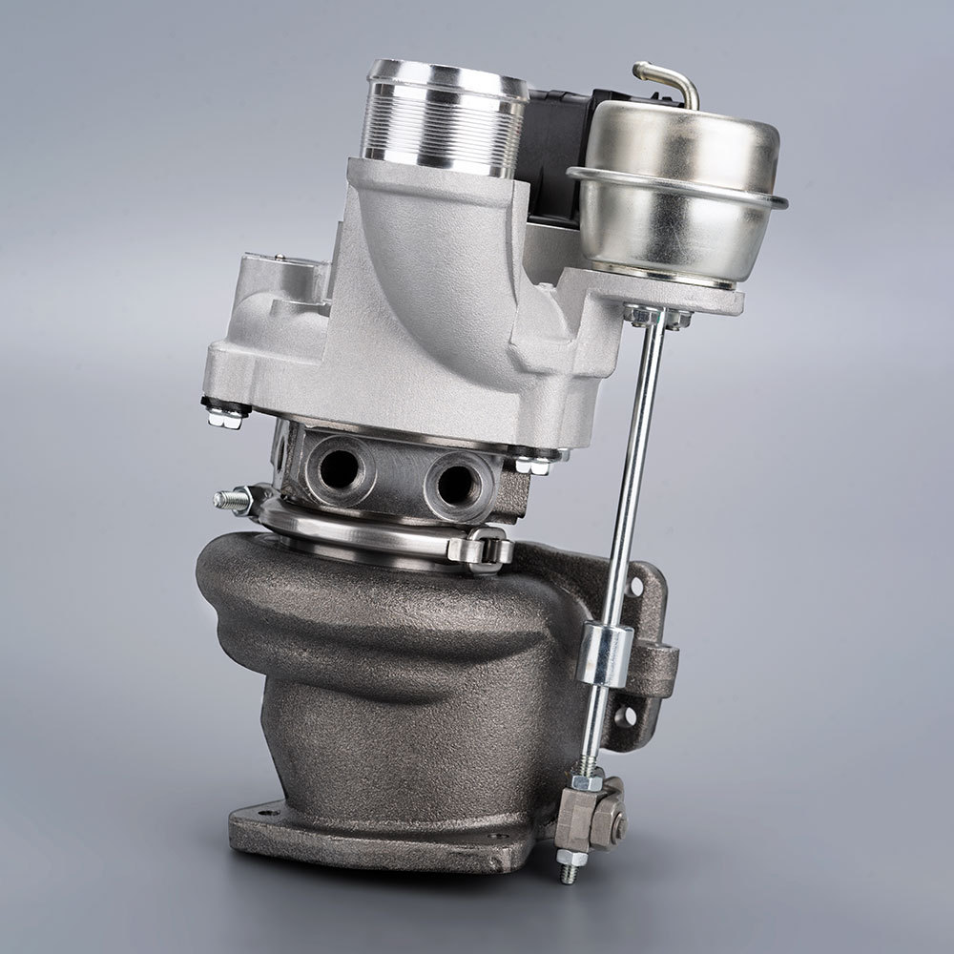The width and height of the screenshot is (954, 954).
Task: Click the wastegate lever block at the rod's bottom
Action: tap(593, 816)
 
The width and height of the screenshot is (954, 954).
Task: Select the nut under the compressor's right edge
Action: tap(532, 464)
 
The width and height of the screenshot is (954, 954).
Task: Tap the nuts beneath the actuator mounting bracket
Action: tap(658, 318)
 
